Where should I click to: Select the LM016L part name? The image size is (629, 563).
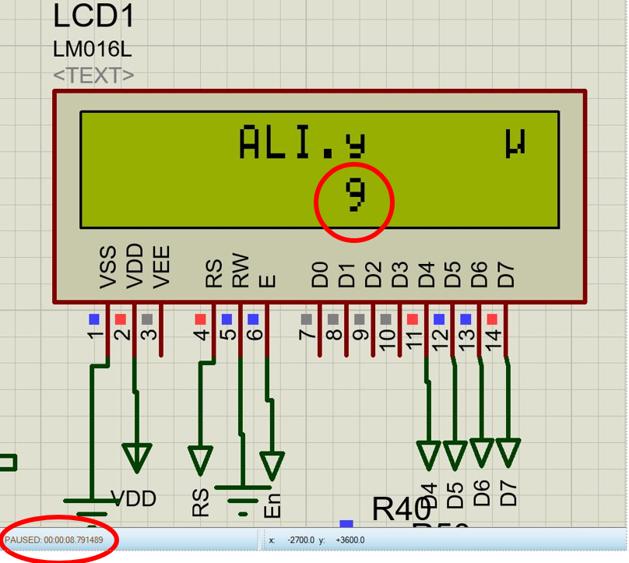[x=93, y=49]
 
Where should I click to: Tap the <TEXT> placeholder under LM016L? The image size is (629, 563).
[x=93, y=76]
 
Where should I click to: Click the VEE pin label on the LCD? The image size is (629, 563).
[x=161, y=268]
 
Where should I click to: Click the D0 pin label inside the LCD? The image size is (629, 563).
[x=320, y=274]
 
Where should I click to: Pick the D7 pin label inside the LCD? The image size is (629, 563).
[x=506, y=274]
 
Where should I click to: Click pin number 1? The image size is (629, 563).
[x=96, y=336]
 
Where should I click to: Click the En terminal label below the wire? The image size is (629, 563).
[x=272, y=506]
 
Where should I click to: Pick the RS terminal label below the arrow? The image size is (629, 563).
[x=201, y=502]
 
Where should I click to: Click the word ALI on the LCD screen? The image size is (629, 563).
[x=278, y=143]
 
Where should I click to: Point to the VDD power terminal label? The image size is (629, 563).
[x=133, y=498]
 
